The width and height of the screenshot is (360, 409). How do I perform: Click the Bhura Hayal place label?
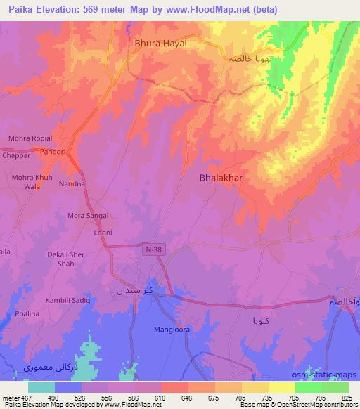[x=160, y=43]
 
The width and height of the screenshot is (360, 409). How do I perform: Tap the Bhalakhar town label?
[x=221, y=178]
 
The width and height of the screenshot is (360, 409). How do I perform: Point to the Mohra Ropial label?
[x=30, y=138]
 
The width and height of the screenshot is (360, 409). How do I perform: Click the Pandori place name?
[x=52, y=151]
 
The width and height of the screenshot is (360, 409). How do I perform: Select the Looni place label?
[x=103, y=233]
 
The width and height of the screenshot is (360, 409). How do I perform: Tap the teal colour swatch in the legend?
[x=41, y=387]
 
